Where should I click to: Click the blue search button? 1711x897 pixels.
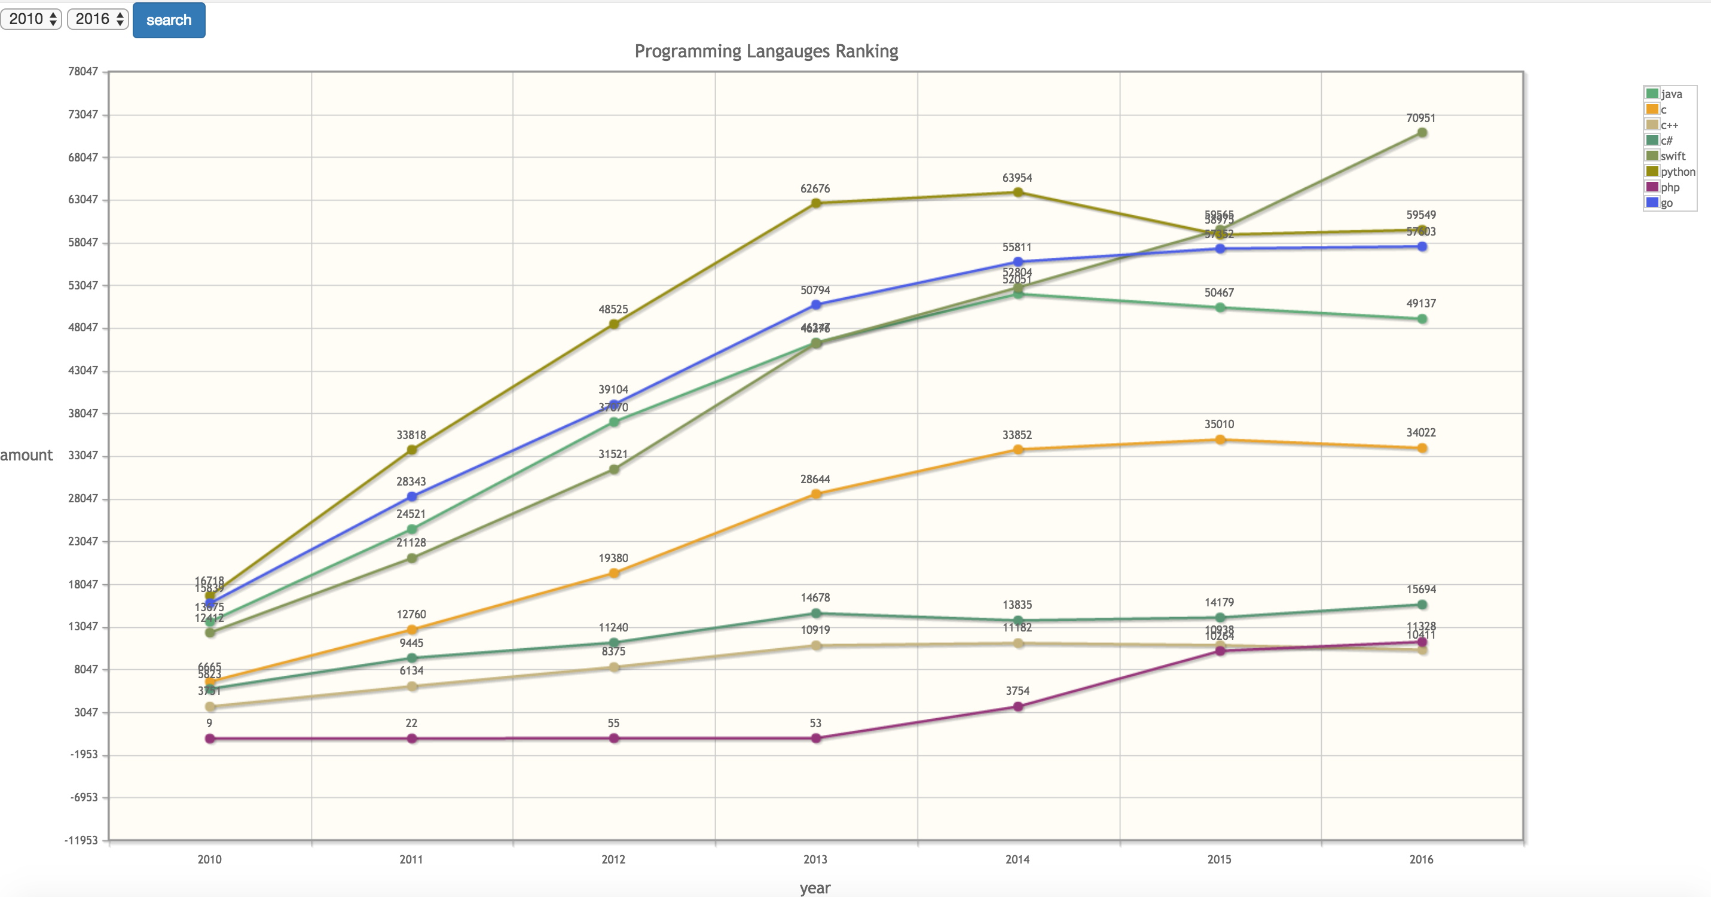tap(169, 20)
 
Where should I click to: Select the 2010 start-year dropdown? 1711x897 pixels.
tap(31, 19)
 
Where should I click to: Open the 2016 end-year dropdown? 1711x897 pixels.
tap(97, 19)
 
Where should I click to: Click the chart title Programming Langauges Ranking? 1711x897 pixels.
tap(766, 51)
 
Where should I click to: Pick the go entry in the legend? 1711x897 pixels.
tap(1666, 203)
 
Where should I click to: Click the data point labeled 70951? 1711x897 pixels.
tap(1422, 133)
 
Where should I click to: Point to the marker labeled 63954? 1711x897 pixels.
tap(1018, 193)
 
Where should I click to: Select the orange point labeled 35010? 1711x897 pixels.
tap(1220, 440)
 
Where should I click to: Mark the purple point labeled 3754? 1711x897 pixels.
tap(1018, 706)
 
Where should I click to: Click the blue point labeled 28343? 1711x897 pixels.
tap(412, 496)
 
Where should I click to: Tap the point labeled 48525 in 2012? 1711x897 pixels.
tap(614, 324)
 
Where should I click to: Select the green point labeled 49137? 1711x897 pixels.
tap(1422, 319)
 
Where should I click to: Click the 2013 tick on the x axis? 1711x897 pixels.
tap(815, 859)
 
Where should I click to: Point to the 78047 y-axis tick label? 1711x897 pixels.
tap(83, 71)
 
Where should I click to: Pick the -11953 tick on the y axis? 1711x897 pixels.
tap(81, 840)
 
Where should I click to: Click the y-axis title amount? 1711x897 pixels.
tap(26, 455)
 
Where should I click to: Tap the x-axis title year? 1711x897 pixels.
tap(815, 887)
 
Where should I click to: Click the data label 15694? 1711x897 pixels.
tap(1420, 590)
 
